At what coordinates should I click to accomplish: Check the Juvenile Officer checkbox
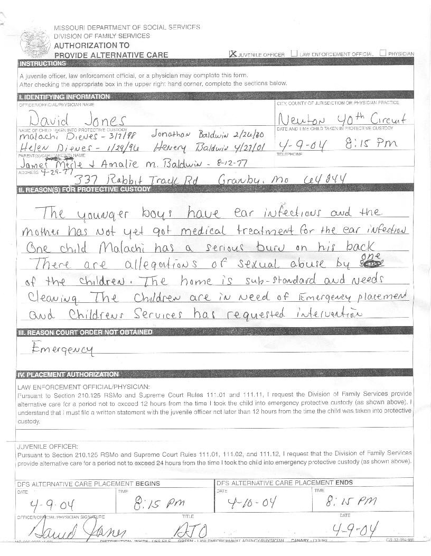coord(232,53)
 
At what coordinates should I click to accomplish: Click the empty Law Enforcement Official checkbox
coord(294,53)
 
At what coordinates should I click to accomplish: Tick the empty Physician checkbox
coord(382,53)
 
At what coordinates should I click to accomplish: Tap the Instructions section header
coord(43,63)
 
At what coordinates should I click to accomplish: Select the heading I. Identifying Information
coord(64,97)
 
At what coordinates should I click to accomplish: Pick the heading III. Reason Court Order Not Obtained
coord(86,332)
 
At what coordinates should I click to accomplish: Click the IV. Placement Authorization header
coord(69,374)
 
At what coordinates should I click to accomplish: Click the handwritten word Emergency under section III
coord(62,349)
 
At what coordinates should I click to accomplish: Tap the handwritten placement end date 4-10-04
coord(251,502)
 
